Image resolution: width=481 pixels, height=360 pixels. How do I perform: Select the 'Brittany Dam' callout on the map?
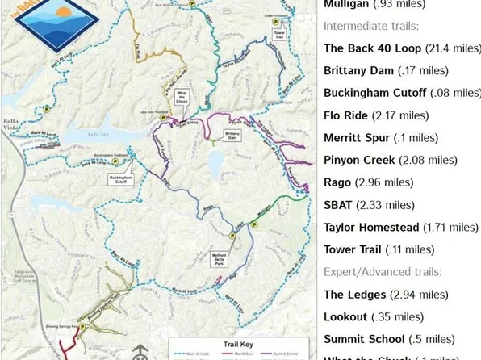click(232, 135)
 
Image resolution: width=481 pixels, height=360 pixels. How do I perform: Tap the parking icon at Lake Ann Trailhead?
click(163, 119)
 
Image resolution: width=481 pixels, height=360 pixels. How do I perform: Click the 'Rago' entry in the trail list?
click(337, 182)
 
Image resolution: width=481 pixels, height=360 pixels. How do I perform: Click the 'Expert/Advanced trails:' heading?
click(383, 272)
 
